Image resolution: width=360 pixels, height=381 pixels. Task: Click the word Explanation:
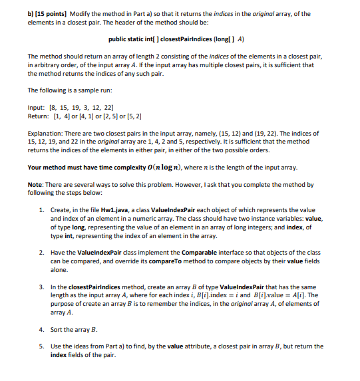coord(49,134)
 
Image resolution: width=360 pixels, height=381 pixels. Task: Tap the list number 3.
coord(41,287)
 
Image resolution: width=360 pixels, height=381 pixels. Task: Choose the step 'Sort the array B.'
coord(75,328)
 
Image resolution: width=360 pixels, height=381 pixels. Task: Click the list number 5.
coord(41,346)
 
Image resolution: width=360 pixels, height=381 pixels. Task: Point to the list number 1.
coord(41,209)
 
